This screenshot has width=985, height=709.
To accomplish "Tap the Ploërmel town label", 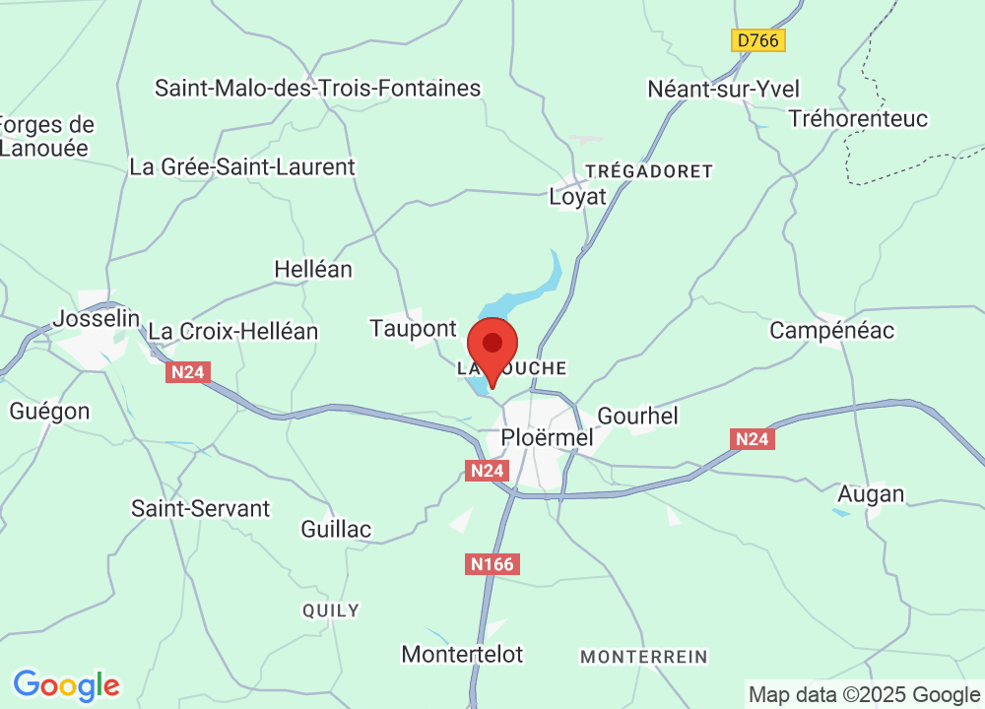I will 547,436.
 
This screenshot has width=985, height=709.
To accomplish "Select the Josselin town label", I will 96,319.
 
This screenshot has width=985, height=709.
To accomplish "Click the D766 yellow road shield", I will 758,40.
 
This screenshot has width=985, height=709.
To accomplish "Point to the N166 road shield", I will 491,564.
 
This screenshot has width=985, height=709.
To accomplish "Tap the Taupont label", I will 414,328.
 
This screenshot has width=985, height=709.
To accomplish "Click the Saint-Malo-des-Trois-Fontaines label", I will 317,88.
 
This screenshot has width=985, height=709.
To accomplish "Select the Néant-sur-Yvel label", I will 723,89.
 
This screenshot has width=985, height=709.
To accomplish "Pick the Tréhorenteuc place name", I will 859,119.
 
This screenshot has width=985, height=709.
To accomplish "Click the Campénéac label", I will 832,330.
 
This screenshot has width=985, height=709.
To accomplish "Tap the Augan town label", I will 870,493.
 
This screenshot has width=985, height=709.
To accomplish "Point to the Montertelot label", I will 463,654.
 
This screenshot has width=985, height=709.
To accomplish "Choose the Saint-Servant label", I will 200,508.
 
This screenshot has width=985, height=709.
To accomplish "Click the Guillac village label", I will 336,529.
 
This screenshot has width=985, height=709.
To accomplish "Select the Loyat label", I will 577,196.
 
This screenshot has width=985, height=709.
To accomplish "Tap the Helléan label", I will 313,269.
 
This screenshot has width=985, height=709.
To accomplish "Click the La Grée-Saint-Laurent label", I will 242,166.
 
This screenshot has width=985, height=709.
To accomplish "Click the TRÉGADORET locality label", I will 648,171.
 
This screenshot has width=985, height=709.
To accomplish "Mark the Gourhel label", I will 638,416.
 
